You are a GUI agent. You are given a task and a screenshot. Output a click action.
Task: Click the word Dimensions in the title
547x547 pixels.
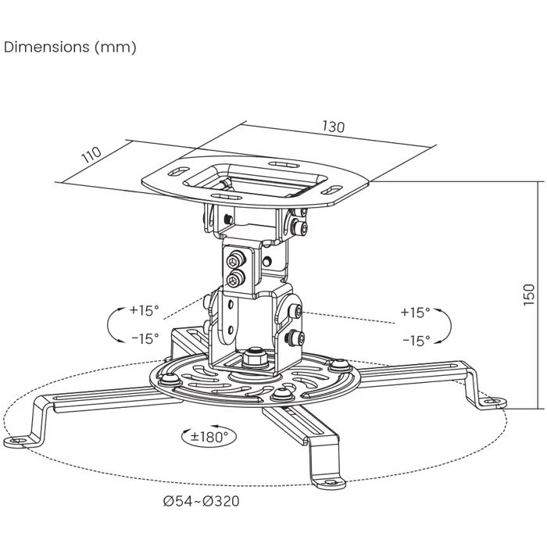pyautogui.click(x=47, y=47)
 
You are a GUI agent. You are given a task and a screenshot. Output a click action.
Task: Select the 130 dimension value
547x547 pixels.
pyautogui.click(x=332, y=127)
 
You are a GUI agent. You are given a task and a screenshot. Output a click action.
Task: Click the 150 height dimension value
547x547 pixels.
pyautogui.click(x=529, y=294)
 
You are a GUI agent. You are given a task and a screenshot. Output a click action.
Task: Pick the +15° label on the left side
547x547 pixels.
pyautogui.click(x=144, y=310)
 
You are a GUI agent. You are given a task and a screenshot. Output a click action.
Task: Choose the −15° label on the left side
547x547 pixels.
pyautogui.click(x=144, y=338)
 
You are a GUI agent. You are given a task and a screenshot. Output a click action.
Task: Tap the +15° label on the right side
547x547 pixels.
pyautogui.click(x=415, y=313)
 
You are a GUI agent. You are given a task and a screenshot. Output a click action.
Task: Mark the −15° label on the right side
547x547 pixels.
pyautogui.click(x=415, y=341)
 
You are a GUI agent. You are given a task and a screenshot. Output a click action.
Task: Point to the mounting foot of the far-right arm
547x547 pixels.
pyautogui.click(x=489, y=400)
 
